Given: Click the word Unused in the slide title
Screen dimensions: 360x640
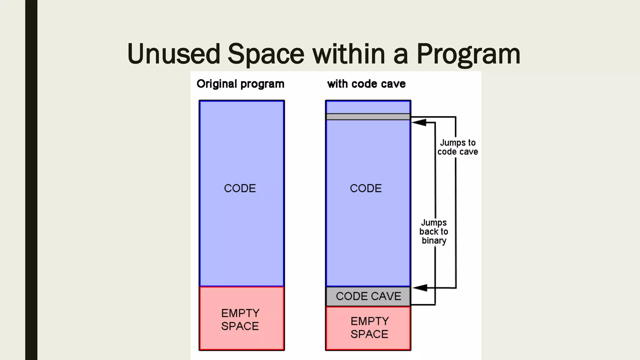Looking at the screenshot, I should pos(174,54).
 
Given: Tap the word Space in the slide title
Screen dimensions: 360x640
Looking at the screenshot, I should pos(266,54).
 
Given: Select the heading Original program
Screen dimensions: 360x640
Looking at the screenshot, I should pos(240,84).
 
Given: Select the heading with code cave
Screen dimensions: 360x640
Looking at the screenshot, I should pos(366,84).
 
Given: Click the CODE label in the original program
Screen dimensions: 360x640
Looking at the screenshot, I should pos(240,188).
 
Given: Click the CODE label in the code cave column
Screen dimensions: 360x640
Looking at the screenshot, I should pos(366,188).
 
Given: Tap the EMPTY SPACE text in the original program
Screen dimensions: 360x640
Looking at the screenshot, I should pos(240,319).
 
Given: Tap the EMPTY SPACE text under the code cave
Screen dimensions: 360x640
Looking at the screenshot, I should pos(369,327).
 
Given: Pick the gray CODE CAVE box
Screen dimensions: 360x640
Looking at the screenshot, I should pos(368,296).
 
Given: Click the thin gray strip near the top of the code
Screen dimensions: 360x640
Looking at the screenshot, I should pos(368,117).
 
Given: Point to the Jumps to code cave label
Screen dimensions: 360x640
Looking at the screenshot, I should pos(457,147).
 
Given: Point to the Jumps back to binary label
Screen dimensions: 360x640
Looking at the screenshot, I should pos(434,232).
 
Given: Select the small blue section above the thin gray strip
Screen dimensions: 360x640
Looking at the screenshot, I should pos(368,107).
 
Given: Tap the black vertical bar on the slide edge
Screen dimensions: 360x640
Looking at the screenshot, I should pos(31,180).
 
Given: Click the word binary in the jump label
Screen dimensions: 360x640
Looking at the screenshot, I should pos(434,241).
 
